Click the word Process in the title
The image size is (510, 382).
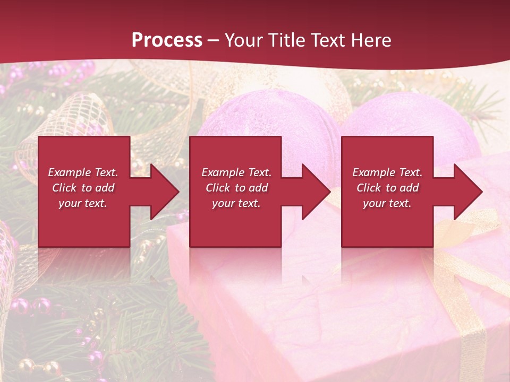click(167, 40)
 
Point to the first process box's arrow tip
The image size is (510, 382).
click(178, 192)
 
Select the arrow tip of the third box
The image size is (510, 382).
click(481, 192)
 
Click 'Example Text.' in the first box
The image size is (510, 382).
click(83, 172)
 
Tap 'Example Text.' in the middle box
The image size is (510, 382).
click(236, 172)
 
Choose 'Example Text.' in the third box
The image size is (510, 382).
click(387, 172)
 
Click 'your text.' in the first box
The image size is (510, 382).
click(83, 203)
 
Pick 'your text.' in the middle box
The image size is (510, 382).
click(236, 203)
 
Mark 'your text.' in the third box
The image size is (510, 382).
click(387, 203)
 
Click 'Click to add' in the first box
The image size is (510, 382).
click(83, 188)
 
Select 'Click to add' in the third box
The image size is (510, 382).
click(387, 188)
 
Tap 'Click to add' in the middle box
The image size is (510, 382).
click(236, 188)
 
